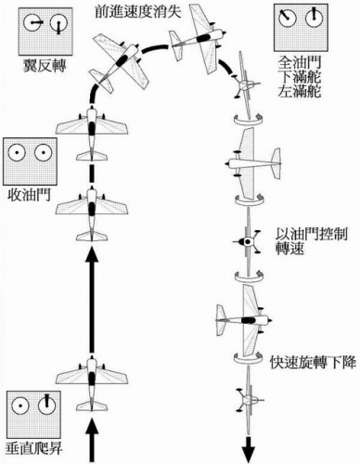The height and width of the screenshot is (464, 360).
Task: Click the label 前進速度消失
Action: pos(137,12)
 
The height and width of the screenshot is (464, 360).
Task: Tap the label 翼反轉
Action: pos(45,66)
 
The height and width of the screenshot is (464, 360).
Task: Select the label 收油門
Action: pos(29,196)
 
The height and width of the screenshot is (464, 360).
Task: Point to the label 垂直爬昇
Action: pos(34,448)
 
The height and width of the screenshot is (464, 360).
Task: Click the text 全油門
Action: pos(300,62)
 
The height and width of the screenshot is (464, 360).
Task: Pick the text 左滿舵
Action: pos(300,92)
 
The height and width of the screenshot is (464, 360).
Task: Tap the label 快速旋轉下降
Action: pos(313,362)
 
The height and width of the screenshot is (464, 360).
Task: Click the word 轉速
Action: pos(290,249)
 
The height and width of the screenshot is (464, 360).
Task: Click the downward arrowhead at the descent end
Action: pos(249,455)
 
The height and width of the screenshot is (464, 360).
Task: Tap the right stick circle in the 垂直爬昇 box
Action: pos(47,405)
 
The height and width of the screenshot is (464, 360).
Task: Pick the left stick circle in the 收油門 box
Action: pos(17,152)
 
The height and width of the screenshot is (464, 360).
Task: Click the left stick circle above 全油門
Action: pos(287,19)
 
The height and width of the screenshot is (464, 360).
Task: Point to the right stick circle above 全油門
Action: pos(315,18)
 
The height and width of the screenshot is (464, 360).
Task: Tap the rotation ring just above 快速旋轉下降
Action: pos(250,357)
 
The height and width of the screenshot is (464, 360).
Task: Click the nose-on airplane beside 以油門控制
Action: pos(249,241)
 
